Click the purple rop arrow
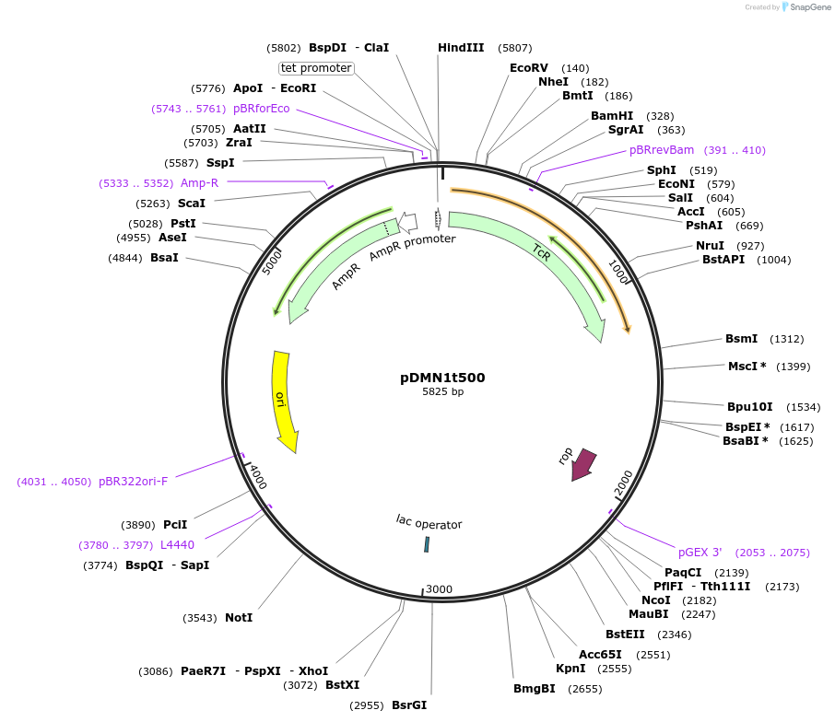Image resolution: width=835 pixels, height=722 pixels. (x=582, y=464)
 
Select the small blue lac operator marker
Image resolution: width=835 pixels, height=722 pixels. (x=427, y=544)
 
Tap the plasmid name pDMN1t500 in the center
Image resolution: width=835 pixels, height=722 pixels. (x=442, y=378)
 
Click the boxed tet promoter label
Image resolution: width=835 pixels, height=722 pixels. (x=316, y=68)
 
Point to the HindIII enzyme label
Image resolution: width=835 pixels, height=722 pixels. (x=461, y=47)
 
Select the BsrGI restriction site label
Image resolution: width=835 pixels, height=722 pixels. (x=409, y=705)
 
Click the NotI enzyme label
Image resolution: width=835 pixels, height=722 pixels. (x=239, y=618)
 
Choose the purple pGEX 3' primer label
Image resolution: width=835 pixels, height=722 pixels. (x=700, y=553)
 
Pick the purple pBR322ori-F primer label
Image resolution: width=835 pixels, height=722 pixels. (x=134, y=482)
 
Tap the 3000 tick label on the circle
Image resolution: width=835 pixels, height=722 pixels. (x=439, y=589)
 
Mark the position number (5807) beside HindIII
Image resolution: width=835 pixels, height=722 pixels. (x=514, y=48)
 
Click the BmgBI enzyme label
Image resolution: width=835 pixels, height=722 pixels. (x=535, y=689)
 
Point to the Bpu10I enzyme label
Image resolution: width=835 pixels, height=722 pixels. (x=749, y=407)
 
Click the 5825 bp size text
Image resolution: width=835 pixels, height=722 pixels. (x=442, y=392)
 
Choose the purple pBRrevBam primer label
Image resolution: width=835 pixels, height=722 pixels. (x=662, y=150)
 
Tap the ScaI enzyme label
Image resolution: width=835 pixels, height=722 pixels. (x=192, y=204)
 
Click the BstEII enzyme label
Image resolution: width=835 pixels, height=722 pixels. (x=622, y=635)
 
